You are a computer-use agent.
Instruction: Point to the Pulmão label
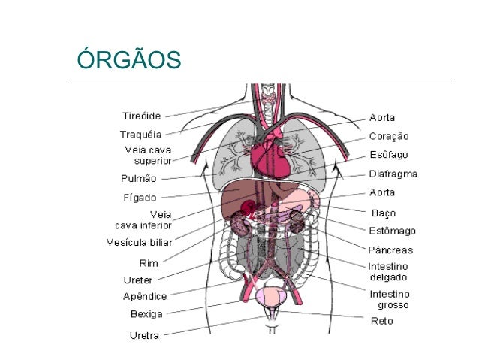click(139, 179)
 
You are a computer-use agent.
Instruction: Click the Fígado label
click(140, 198)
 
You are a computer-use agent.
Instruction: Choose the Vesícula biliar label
click(139, 242)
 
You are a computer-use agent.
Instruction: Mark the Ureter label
click(138, 280)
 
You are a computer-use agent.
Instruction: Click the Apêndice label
click(145, 296)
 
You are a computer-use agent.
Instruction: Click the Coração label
click(389, 136)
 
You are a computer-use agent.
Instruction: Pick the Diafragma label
click(393, 174)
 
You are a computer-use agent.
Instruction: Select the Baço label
click(384, 213)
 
